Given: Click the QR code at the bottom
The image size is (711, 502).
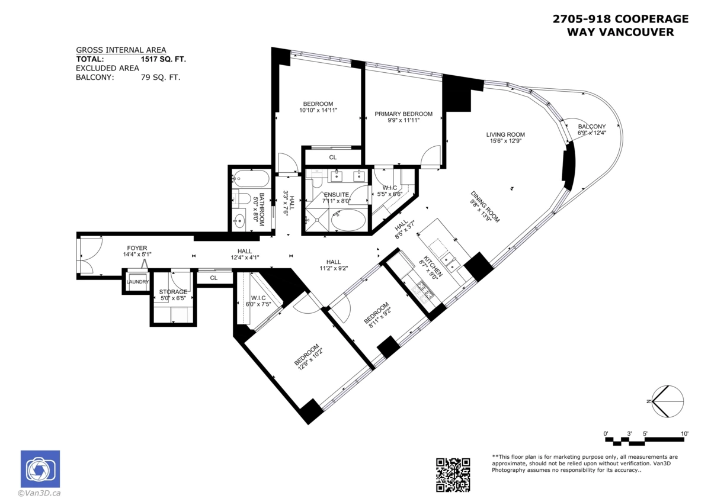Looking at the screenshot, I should click(x=453, y=474).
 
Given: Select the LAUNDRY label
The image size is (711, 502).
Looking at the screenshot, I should click(x=137, y=282).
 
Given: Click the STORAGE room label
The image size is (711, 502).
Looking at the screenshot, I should click(x=172, y=292).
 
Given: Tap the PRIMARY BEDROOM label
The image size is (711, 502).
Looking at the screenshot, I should click(x=403, y=114).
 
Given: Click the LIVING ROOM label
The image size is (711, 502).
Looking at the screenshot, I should click(x=505, y=134).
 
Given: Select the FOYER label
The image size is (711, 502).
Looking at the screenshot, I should click(x=137, y=248).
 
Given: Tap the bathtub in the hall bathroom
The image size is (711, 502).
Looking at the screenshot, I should click(x=250, y=177).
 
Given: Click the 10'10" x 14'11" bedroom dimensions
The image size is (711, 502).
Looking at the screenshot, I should click(x=318, y=110).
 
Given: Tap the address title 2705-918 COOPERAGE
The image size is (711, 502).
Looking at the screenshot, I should click(x=620, y=19).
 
